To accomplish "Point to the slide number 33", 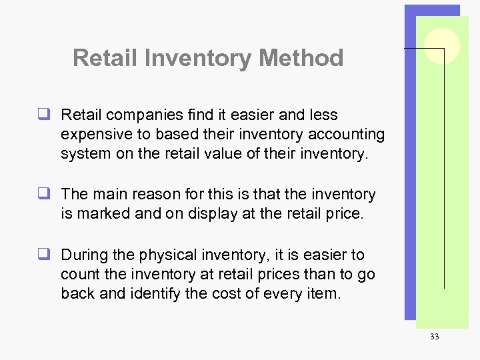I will pyautogui.click(x=434, y=337).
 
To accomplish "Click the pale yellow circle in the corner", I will pyautogui.click(x=441, y=46).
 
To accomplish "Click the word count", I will pyautogui.click(x=80, y=274).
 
